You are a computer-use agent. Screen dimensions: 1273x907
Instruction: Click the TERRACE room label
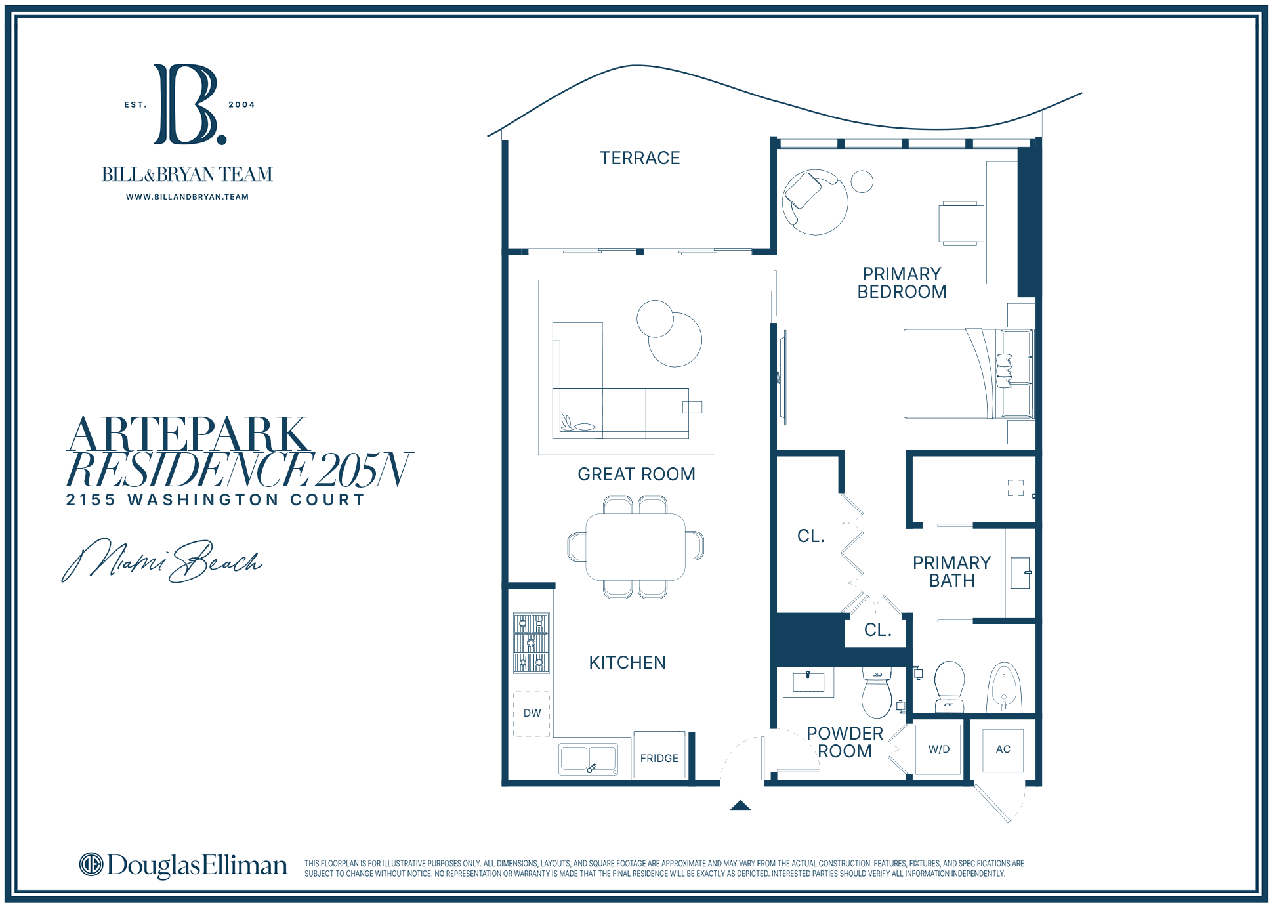pos(640,158)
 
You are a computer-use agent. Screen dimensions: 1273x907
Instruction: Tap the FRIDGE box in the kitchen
pos(659,755)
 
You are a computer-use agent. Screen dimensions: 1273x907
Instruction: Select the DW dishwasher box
pos(532,713)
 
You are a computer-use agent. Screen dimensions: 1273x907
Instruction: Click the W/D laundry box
pos(938,749)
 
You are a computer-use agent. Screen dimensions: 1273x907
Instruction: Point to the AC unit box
pos(1003,749)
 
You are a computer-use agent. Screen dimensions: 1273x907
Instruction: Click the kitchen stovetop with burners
pos(531,643)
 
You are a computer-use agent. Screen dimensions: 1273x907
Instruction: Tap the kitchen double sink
pos(589,759)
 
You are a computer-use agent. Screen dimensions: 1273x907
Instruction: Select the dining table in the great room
pos(635,547)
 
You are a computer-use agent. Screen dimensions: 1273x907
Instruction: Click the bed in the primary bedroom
pos(969,373)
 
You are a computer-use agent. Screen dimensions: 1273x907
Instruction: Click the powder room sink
pos(808,682)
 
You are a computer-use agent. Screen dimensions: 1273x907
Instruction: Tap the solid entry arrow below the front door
pos(740,805)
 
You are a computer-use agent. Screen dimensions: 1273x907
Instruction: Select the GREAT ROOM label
pos(636,475)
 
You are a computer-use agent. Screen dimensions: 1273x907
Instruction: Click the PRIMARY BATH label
pos(951,572)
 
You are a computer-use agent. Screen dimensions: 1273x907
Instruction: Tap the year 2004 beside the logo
pos(241,105)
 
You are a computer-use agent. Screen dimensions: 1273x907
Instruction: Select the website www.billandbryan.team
pos(188,197)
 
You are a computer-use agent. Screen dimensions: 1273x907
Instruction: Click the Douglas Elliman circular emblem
pos(91,864)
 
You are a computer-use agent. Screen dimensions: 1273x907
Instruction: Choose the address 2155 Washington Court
pos(215,500)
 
